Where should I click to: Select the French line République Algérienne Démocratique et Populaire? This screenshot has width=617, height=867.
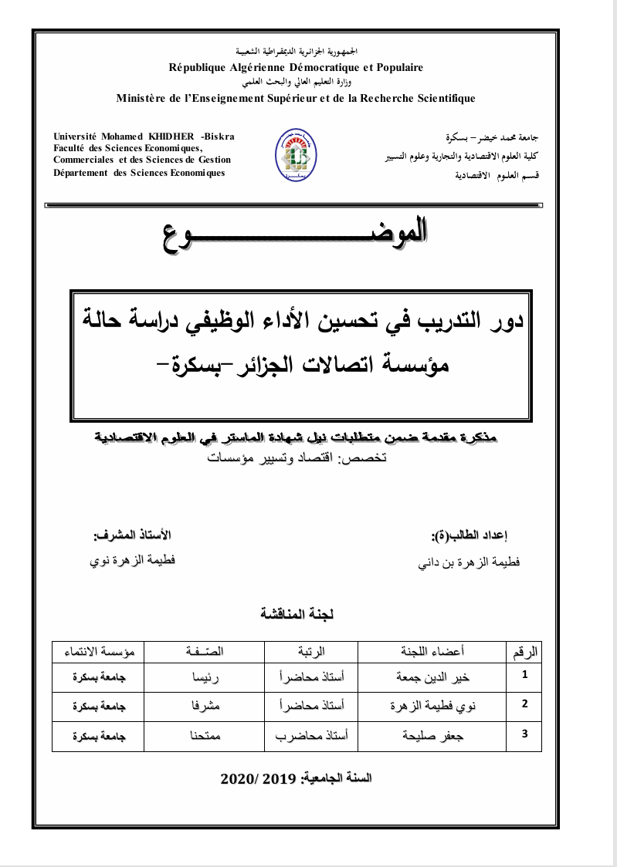tap(296, 67)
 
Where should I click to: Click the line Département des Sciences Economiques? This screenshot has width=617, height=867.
tap(139, 173)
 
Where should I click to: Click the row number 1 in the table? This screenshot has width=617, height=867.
tap(525, 675)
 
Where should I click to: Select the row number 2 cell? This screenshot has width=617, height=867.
tap(525, 703)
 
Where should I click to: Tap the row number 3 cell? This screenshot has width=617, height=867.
tap(525, 734)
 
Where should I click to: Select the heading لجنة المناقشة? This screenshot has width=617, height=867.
tap(297, 614)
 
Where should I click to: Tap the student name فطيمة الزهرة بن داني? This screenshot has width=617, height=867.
tap(469, 563)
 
